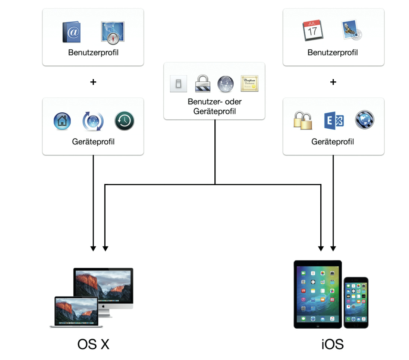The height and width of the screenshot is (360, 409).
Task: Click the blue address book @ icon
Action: pos(72,32)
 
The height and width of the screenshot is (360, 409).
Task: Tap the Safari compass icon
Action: pos(113,32)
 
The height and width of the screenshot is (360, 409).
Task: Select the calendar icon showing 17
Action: pos(312,31)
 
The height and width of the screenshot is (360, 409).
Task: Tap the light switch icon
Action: pos(177,84)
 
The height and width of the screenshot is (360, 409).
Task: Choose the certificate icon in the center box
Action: pos(249,83)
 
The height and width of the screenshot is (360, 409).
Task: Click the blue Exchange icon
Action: pos(334,120)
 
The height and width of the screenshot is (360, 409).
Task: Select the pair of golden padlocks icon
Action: pos(302,120)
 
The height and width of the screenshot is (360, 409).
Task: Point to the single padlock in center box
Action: pos(203,83)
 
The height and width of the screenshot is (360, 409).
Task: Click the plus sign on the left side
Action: pos(93,82)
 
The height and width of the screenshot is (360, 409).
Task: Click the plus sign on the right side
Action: pos(333,82)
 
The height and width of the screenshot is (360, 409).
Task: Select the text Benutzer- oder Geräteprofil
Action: pos(214,106)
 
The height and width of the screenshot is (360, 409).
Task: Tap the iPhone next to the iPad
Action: pos(356,303)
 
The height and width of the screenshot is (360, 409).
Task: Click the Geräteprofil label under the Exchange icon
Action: pos(333,141)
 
